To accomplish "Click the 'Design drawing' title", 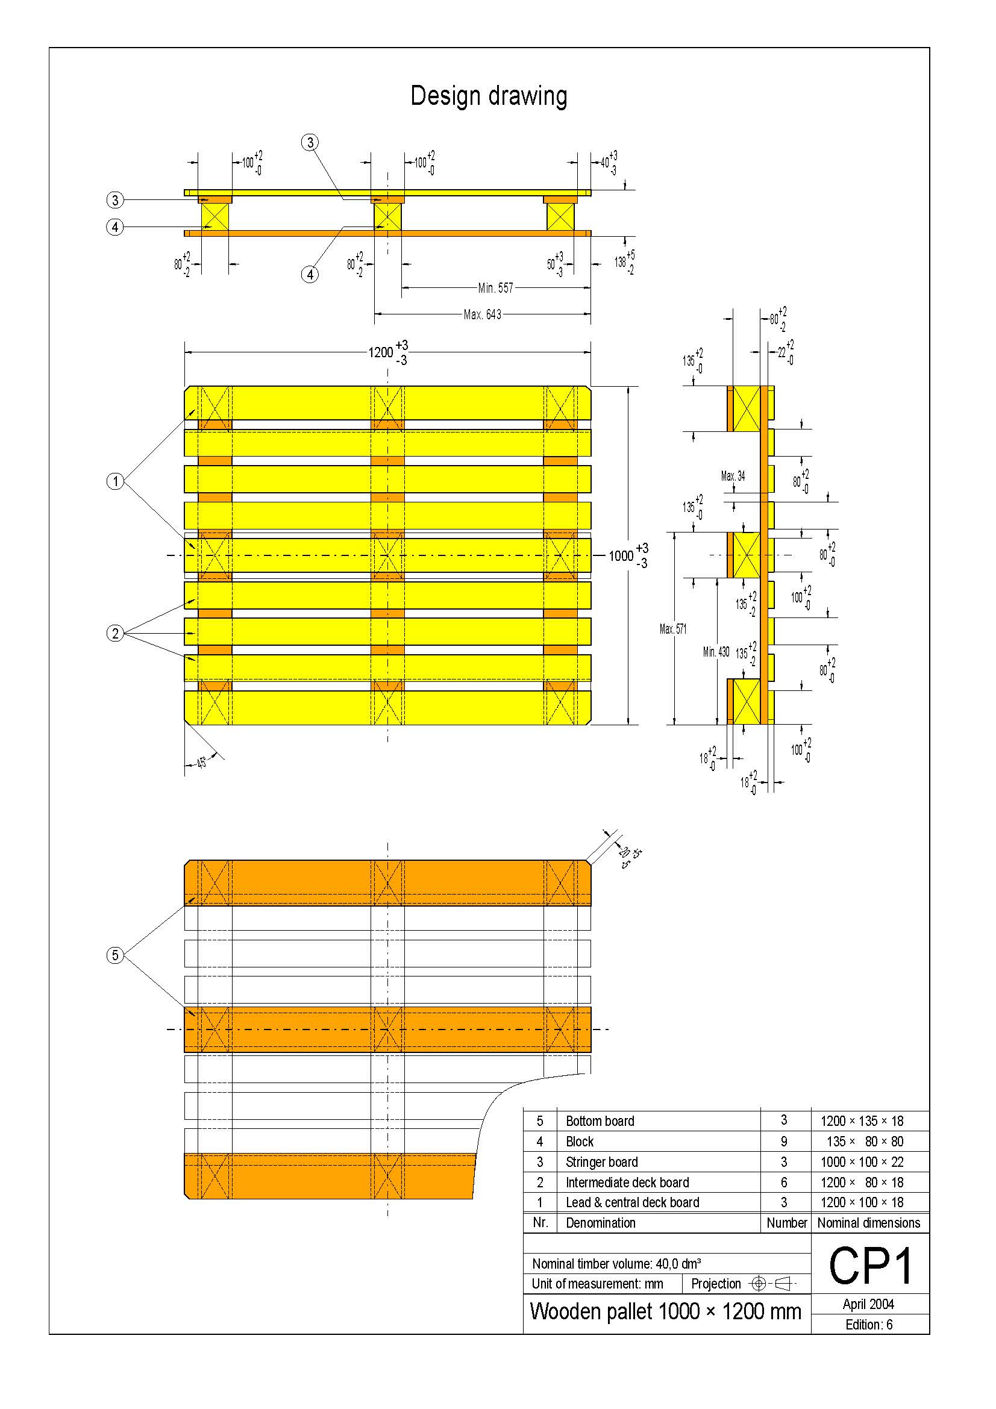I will tap(489, 96).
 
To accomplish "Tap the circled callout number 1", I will tap(114, 481).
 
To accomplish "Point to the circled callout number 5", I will tap(114, 955).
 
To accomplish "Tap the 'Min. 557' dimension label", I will tap(495, 287).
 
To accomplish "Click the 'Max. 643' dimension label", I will tap(483, 314).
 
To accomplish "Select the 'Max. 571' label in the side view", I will tap(673, 629).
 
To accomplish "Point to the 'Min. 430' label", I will tap(716, 652).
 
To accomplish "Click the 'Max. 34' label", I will tap(733, 476).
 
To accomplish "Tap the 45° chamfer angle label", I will tap(201, 763).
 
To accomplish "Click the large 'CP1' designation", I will tap(870, 1267).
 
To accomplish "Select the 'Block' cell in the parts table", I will tap(580, 1142).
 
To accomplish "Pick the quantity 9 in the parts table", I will tap(784, 1141).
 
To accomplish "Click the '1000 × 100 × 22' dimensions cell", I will tap(862, 1161).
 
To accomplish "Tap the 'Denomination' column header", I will tap(600, 1222).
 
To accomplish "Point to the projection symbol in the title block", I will tap(772, 1283).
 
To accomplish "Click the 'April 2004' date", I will tap(868, 1304).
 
